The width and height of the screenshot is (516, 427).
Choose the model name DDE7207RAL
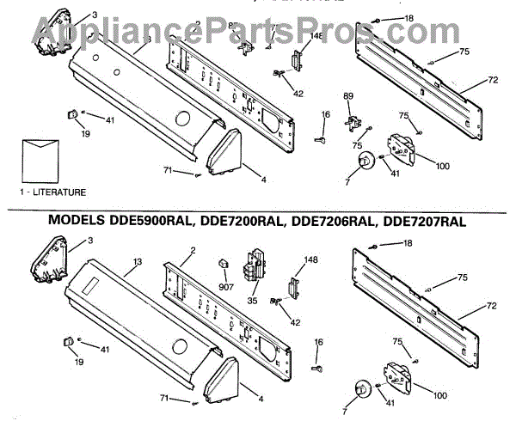point(422,222)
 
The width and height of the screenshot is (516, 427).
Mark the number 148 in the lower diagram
point(311,260)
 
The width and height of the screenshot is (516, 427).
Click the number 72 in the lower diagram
point(493,307)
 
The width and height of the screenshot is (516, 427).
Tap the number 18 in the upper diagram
point(408,18)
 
